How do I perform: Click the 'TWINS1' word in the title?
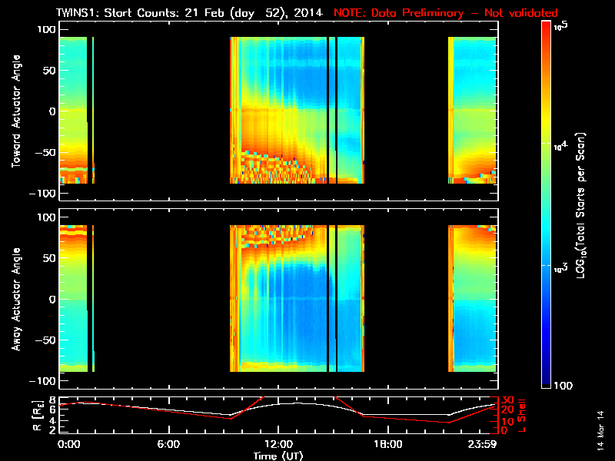(x=78, y=13)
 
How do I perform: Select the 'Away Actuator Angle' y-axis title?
(x=15, y=300)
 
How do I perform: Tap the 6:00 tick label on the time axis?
(x=168, y=444)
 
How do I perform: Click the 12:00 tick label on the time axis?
(x=278, y=444)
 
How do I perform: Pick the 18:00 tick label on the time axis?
(x=387, y=444)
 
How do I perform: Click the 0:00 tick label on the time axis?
(x=68, y=444)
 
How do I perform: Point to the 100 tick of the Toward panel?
(x=45, y=29)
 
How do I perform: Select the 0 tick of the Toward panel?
(x=51, y=111)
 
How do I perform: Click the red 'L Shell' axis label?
(x=523, y=416)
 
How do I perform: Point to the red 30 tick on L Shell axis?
(x=508, y=400)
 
